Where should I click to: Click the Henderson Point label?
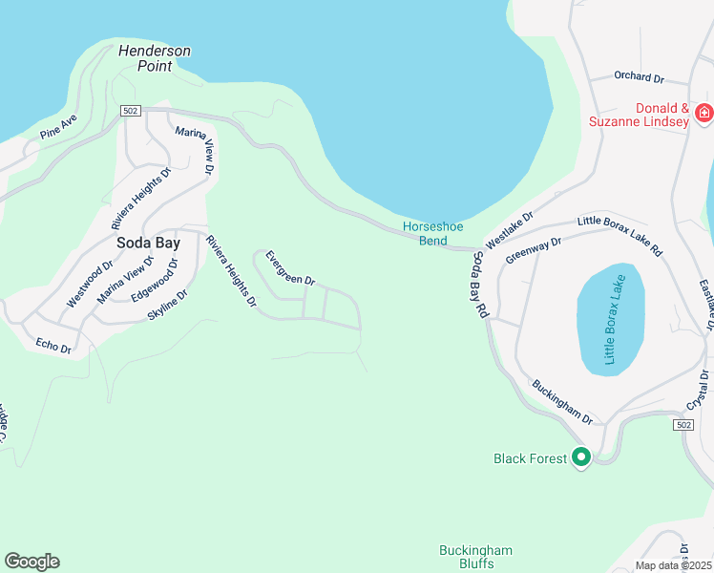pyautogui.click(x=155, y=58)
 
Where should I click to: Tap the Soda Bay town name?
pyautogui.click(x=148, y=243)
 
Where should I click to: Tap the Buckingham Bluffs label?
pyautogui.click(x=475, y=557)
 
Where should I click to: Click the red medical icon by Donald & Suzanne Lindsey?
pyautogui.click(x=703, y=114)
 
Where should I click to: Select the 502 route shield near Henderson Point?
pyautogui.click(x=132, y=112)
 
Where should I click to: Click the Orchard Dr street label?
pyautogui.click(x=639, y=77)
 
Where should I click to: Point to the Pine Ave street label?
pyautogui.click(x=58, y=128)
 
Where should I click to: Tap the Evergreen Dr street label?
pyautogui.click(x=290, y=268)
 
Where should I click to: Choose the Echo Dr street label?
pyautogui.click(x=53, y=345)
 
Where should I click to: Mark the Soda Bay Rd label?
pyautogui.click(x=480, y=286)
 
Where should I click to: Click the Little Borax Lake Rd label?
pyautogui.click(x=619, y=235)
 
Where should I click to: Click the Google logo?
pyautogui.click(x=31, y=562)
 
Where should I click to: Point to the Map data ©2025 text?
pyautogui.click(x=672, y=565)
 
